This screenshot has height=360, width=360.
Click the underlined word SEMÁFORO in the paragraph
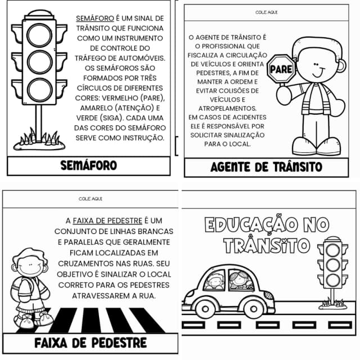click(93, 18)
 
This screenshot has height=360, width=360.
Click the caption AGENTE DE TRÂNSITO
click(266, 167)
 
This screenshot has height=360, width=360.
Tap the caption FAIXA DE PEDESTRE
click(91, 343)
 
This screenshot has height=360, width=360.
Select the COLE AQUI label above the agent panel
click(266, 11)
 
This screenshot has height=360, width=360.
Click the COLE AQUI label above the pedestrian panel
click(91, 199)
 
